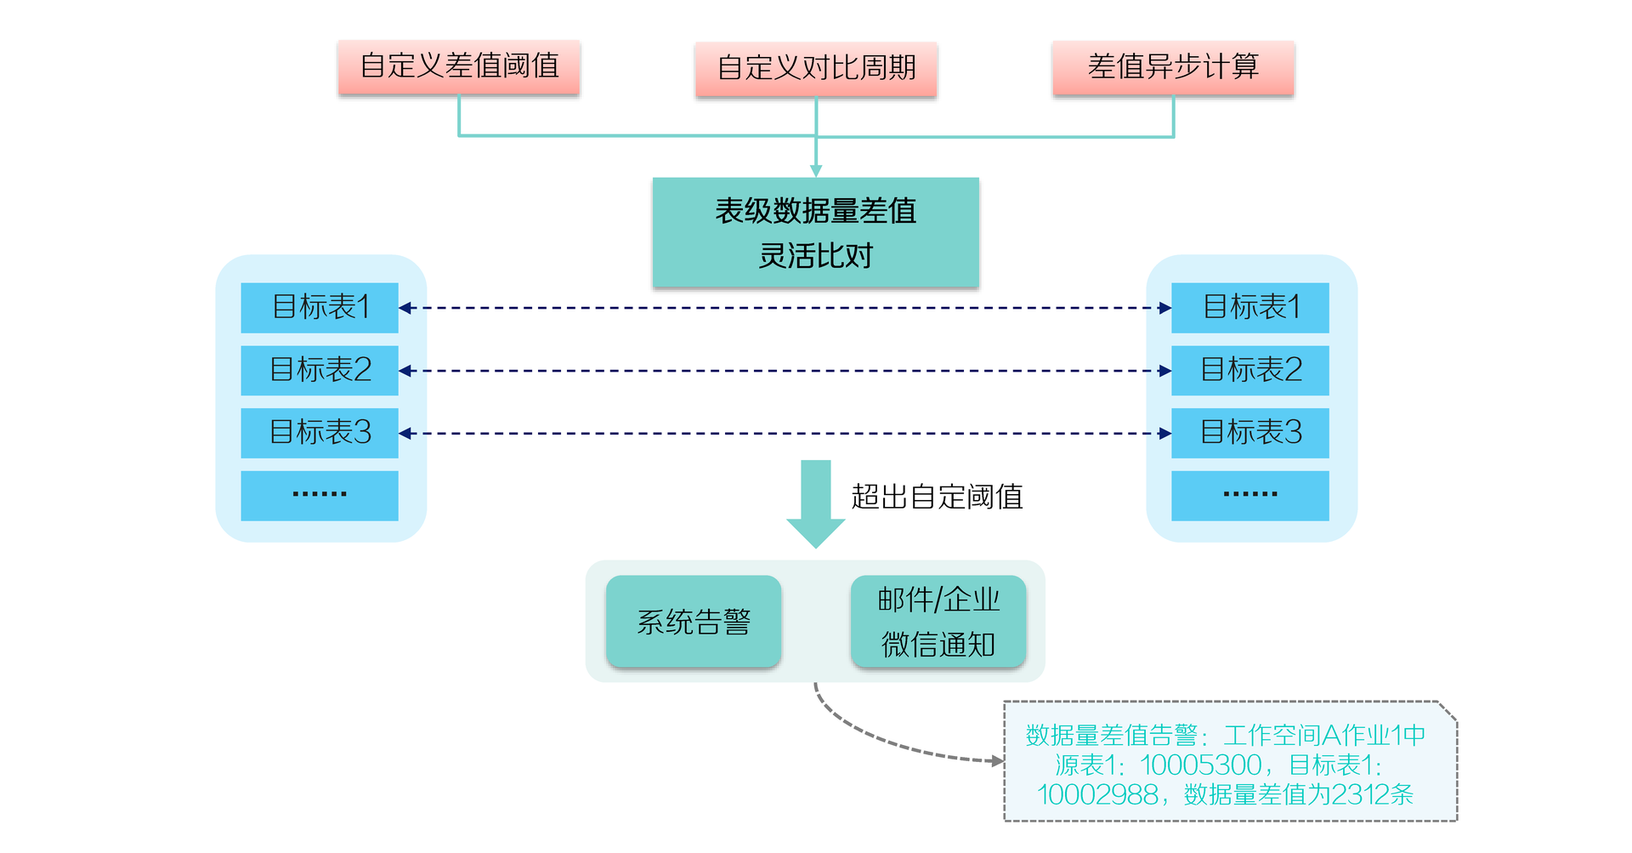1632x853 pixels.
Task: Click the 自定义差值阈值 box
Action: [459, 66]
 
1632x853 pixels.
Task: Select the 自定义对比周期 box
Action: [816, 68]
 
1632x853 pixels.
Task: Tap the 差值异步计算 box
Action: [1173, 66]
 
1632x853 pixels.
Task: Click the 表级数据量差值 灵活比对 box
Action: [816, 232]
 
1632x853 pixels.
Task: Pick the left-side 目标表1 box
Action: [320, 307]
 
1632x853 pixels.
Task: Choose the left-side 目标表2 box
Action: [320, 370]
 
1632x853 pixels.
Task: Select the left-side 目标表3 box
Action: [320, 433]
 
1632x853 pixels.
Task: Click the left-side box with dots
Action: [320, 495]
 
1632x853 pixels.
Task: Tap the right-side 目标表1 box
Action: [1249, 307]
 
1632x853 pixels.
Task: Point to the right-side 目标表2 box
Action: [1249, 370]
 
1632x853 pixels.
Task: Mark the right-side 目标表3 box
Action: [1249, 433]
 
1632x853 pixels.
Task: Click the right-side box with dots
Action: [1249, 495]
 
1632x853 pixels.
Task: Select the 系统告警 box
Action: [694, 622]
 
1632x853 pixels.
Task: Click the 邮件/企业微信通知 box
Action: [938, 622]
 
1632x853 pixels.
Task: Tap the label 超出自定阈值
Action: [937, 497]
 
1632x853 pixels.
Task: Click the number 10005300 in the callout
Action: [1200, 765]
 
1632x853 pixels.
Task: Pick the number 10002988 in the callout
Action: [1097, 794]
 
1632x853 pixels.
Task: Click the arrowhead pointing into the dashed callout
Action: [998, 760]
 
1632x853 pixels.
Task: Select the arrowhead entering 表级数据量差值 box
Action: [816, 171]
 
